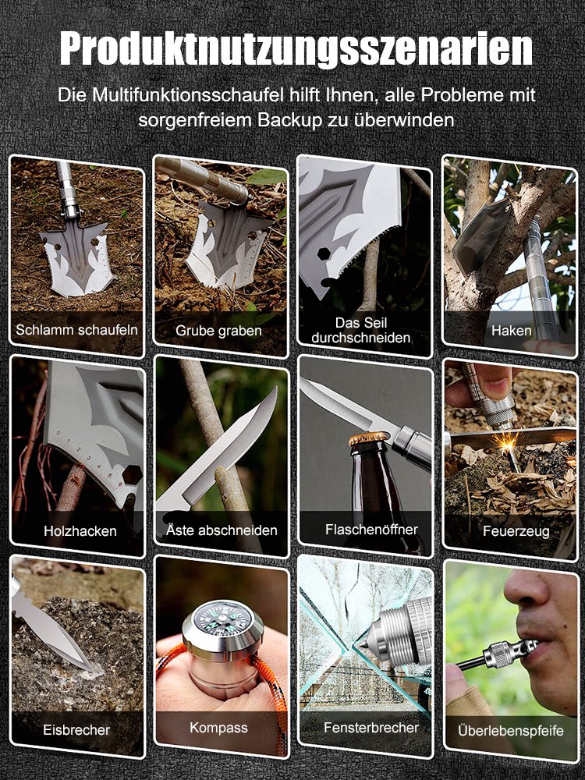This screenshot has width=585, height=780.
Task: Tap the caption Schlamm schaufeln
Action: (x=76, y=329)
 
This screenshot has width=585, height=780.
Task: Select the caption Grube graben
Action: (x=218, y=331)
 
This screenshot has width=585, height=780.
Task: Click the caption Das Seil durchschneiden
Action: (x=360, y=330)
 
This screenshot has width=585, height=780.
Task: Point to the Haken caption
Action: (x=512, y=330)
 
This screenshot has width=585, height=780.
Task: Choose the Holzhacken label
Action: (x=80, y=531)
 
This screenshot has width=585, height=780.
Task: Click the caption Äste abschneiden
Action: (x=222, y=530)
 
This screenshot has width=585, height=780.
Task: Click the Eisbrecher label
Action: (x=76, y=731)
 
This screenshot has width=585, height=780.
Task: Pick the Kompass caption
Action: (x=218, y=728)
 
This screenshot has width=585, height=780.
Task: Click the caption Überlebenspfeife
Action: (x=512, y=731)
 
